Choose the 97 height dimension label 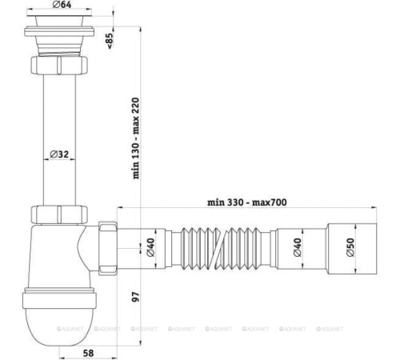tap(136, 296)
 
